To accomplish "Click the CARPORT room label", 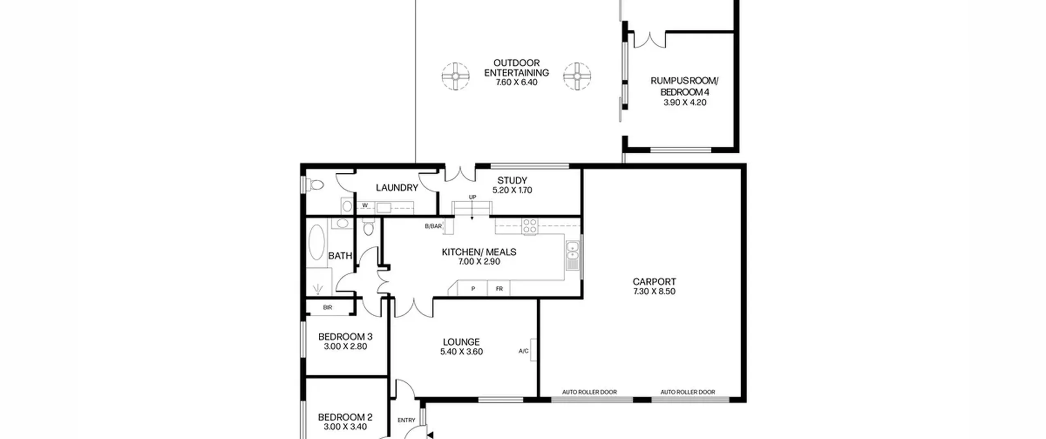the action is click(x=654, y=281).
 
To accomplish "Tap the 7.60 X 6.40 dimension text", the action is click(x=516, y=82).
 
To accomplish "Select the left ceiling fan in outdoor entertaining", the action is click(x=455, y=76).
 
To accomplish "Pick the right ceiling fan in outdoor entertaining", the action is click(x=577, y=76).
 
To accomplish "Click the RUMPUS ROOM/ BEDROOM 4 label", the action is click(x=684, y=86).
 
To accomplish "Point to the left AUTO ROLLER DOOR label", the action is click(x=589, y=392).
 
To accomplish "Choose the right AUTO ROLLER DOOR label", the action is click(x=688, y=392).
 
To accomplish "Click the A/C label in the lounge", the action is click(x=523, y=351).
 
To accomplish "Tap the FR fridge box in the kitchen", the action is click(x=499, y=288).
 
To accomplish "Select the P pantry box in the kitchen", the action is click(x=473, y=288).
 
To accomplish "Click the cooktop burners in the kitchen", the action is click(x=530, y=227).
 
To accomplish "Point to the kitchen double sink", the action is click(x=572, y=255).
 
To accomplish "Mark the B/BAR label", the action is click(x=433, y=226).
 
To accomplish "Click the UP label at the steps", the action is click(x=472, y=197).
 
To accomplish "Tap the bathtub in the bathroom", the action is click(x=316, y=242).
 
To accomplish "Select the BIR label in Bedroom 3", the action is click(x=327, y=308).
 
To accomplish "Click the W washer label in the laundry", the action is click(x=365, y=205).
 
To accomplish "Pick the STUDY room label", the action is click(x=512, y=180).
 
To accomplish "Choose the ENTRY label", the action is click(x=406, y=420).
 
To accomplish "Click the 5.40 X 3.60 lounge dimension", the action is click(x=461, y=352).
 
